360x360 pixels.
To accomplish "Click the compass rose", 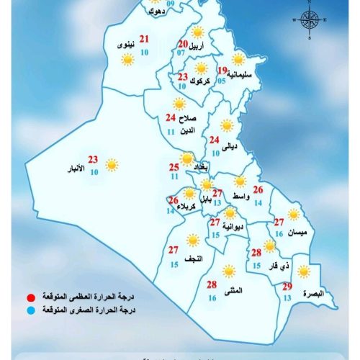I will tap(310, 19).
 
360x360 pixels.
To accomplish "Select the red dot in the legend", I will tap(31, 297).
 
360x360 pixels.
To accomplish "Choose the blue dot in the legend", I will tap(31, 310).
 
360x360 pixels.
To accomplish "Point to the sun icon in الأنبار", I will tap(112, 165).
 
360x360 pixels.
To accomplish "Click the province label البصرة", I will tap(315, 293).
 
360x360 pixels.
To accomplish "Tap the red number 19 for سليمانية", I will tap(221, 71).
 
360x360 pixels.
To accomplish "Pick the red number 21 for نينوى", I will tap(145, 40).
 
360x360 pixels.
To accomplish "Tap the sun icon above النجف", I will tap(192, 240).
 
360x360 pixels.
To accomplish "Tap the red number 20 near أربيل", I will tap(183, 45).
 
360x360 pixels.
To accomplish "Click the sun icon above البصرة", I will tap(305, 271).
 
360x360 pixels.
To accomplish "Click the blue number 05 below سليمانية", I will tap(222, 81).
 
